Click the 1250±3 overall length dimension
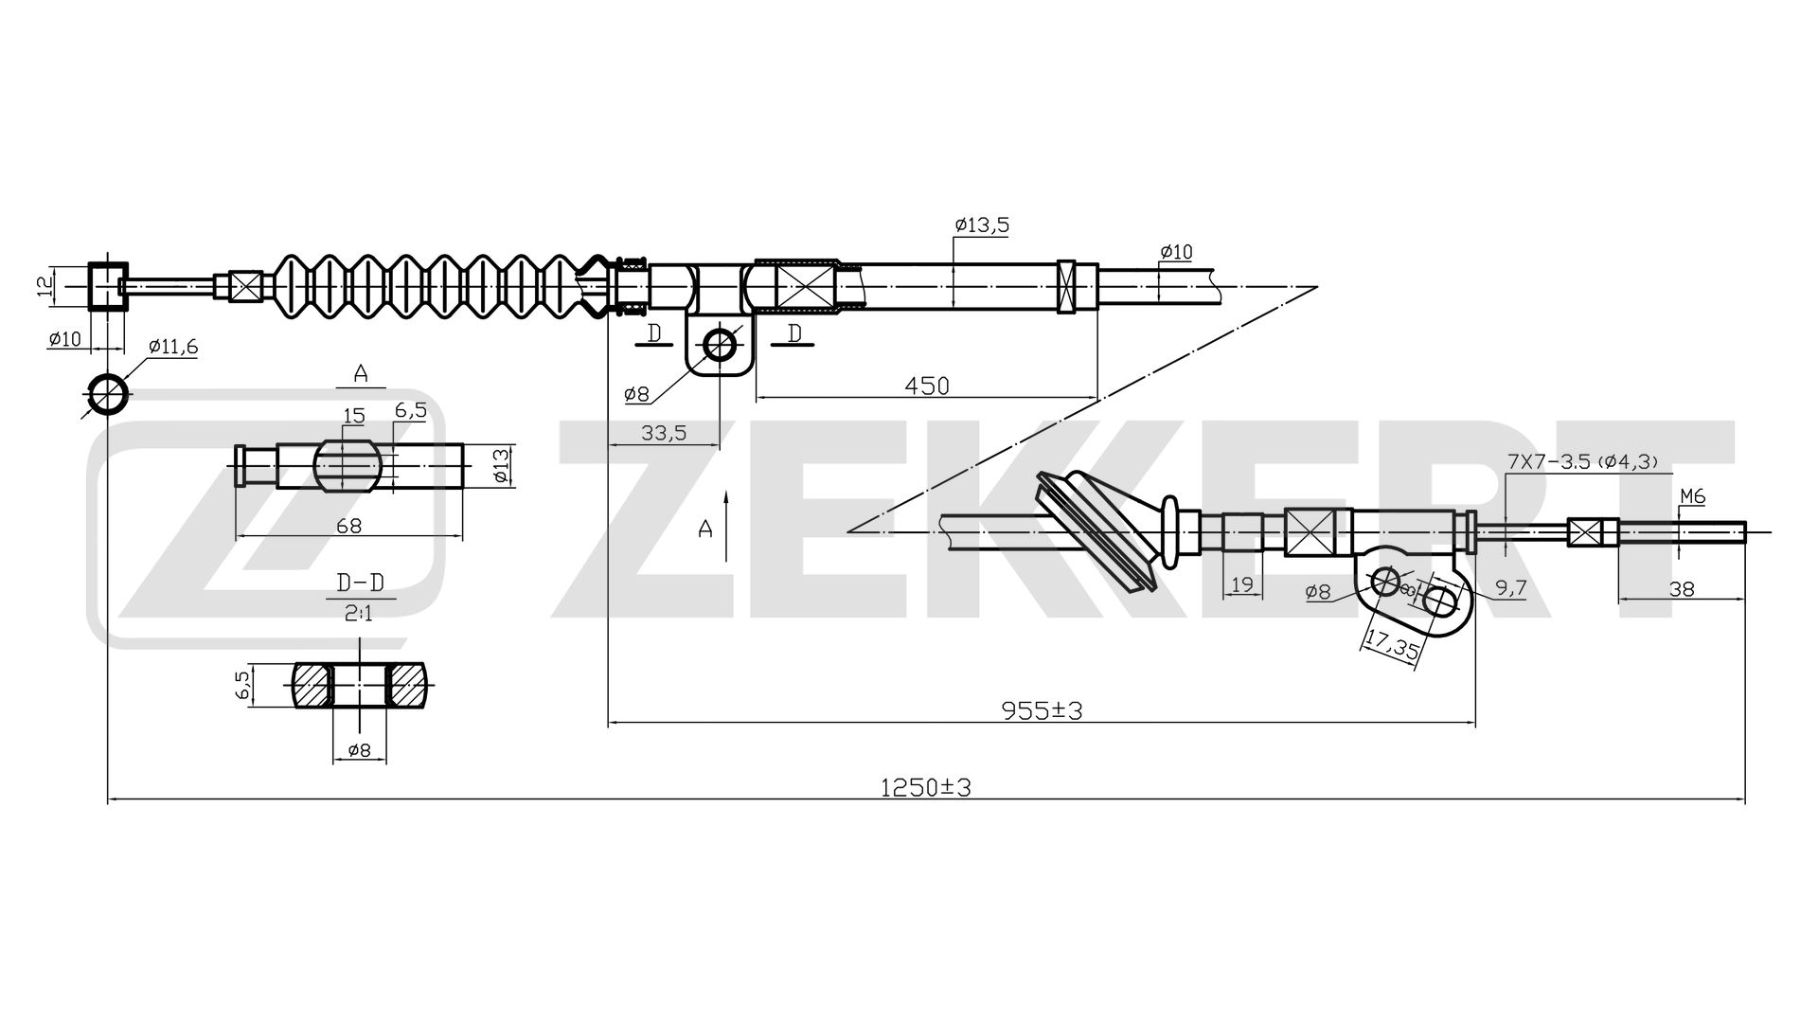[x=926, y=787]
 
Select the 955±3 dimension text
[x=1042, y=709]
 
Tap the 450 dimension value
[x=926, y=386]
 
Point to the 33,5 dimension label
[x=664, y=433]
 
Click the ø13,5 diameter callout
[x=983, y=224]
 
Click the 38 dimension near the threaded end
[x=1682, y=588]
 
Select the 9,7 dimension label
[x=1511, y=589]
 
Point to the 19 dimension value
[x=1243, y=584]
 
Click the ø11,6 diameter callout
[x=172, y=347]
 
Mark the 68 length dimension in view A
[x=348, y=526]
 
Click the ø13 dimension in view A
[x=502, y=466]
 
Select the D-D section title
[x=353, y=582]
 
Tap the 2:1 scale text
[x=357, y=614]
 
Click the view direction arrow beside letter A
[x=726, y=527]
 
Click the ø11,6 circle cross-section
[x=108, y=394]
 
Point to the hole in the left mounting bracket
[x=720, y=345]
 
